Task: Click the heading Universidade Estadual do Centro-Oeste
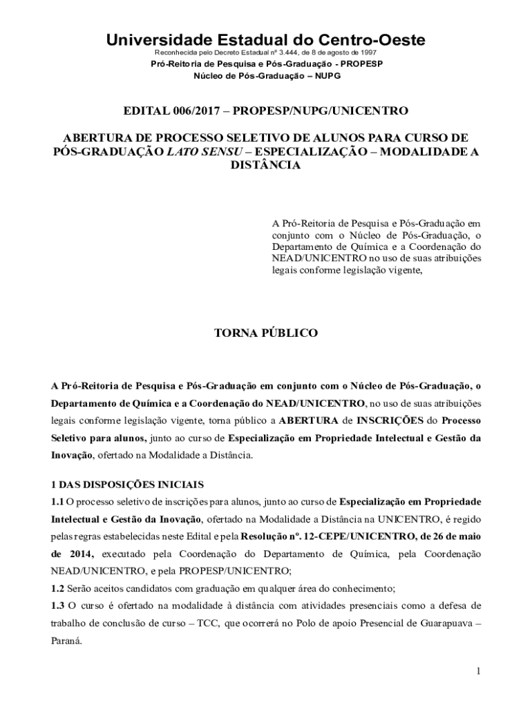pos(265,40)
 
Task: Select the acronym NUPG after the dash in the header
pos(327,75)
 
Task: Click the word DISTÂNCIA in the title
pos(265,166)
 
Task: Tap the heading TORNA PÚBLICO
pos(265,333)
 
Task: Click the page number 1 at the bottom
pos(477,670)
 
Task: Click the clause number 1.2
pos(57,588)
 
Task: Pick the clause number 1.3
pos(57,606)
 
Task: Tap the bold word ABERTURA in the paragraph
pos(309,420)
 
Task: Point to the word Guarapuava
pos(442,623)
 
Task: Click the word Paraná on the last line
pos(65,640)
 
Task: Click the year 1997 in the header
pos(368,52)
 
